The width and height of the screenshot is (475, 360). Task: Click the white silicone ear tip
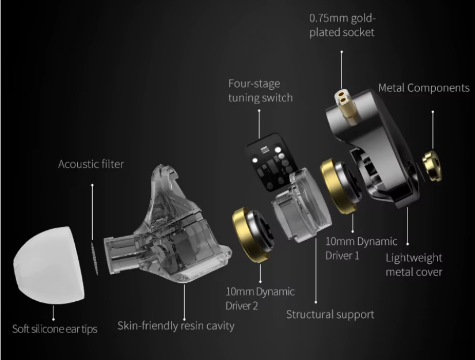(x=48, y=265)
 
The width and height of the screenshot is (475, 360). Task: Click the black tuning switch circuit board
(x=269, y=161)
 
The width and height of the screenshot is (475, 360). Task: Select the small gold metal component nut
(x=432, y=166)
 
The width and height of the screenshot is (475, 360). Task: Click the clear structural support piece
(x=302, y=206)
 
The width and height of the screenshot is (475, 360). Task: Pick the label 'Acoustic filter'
(x=91, y=164)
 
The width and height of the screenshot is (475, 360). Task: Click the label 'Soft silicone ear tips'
(x=55, y=329)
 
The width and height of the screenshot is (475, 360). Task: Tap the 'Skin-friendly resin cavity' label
(x=176, y=326)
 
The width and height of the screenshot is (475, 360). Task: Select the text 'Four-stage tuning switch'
(x=260, y=90)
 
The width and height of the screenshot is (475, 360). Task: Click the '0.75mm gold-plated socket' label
(x=343, y=25)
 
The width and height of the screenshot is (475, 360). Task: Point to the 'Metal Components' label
(x=424, y=88)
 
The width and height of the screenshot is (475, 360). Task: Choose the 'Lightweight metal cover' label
(x=414, y=264)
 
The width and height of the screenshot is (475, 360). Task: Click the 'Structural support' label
(x=330, y=314)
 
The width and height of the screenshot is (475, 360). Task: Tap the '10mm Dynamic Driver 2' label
(x=260, y=298)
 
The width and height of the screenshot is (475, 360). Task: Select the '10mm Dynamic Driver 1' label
(x=361, y=248)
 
